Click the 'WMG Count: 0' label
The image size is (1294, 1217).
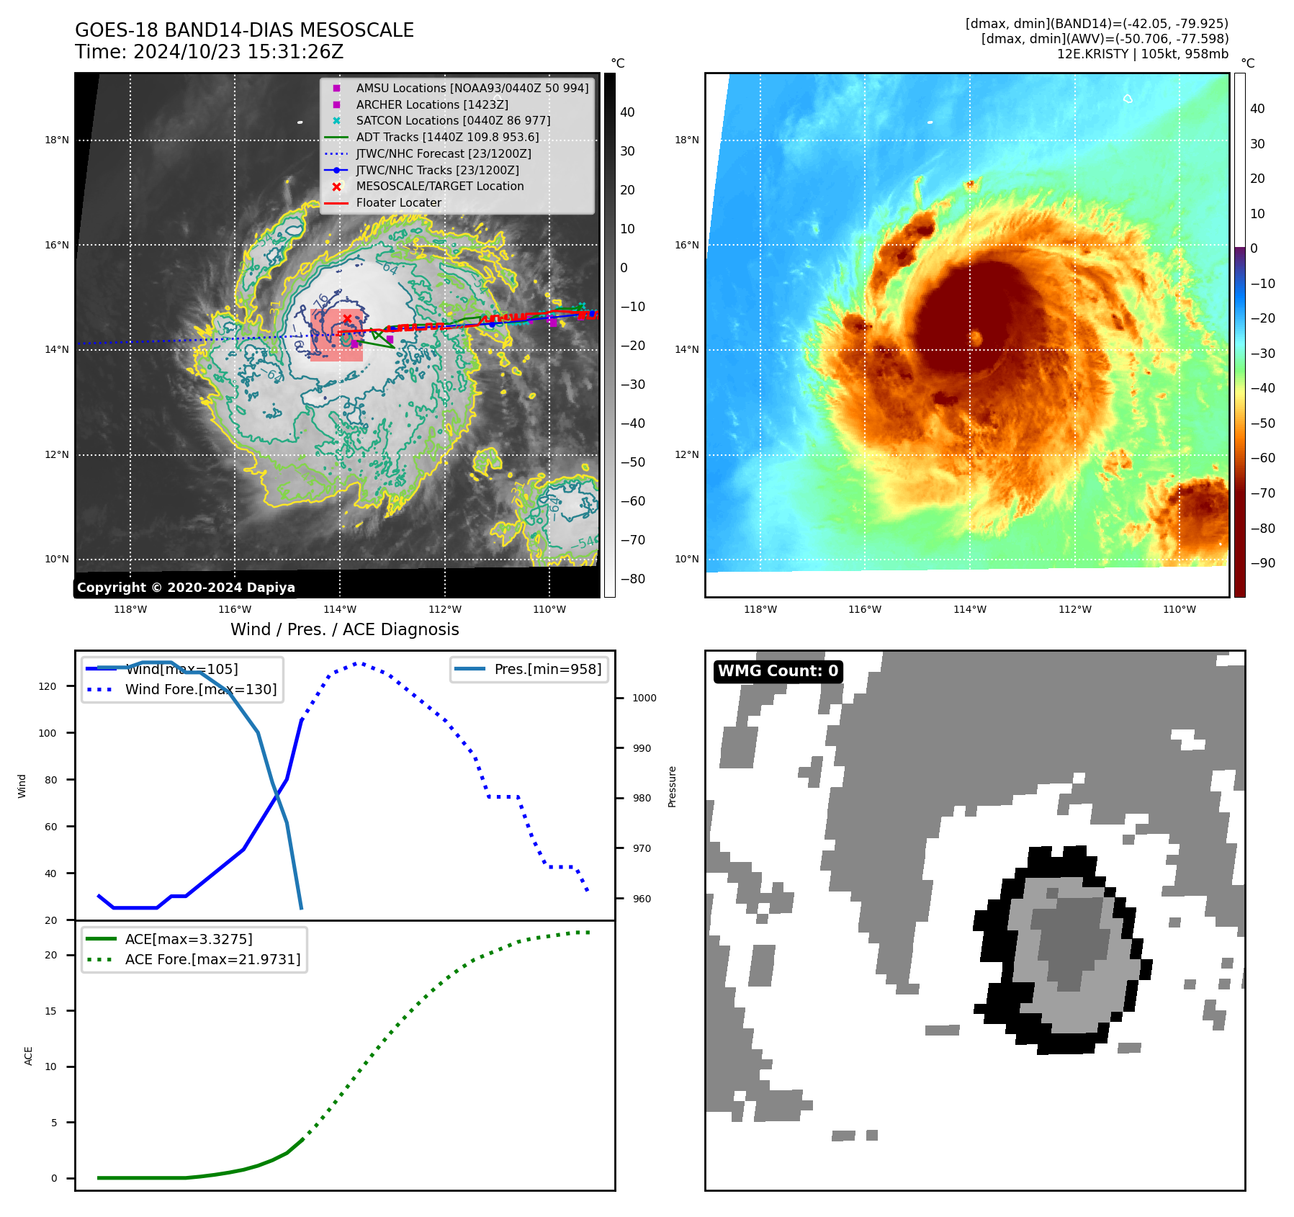(778, 671)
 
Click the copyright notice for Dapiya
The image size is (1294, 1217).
(186, 588)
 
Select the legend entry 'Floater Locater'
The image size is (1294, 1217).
(398, 203)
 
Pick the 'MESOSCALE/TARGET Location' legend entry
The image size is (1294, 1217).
(439, 187)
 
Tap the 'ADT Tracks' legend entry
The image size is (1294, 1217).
(446, 138)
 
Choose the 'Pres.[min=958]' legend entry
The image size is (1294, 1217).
(547, 670)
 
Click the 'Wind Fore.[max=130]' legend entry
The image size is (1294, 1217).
(200, 690)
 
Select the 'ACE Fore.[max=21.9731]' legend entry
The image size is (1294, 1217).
(212, 959)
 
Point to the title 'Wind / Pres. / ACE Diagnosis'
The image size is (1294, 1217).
(344, 629)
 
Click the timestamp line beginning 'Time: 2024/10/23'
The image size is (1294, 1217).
(209, 52)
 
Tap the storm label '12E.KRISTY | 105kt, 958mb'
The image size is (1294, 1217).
(1142, 54)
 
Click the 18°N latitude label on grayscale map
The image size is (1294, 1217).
(57, 140)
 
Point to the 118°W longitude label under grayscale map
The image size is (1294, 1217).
(130, 609)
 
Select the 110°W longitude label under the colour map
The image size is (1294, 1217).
(1179, 609)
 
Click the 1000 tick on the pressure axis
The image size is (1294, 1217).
(644, 698)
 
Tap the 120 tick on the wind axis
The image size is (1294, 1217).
(48, 686)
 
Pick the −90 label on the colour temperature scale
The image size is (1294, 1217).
(1262, 563)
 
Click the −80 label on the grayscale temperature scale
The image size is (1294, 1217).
(633, 579)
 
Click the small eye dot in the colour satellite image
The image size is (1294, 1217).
(976, 337)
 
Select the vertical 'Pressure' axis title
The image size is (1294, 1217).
(672, 786)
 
